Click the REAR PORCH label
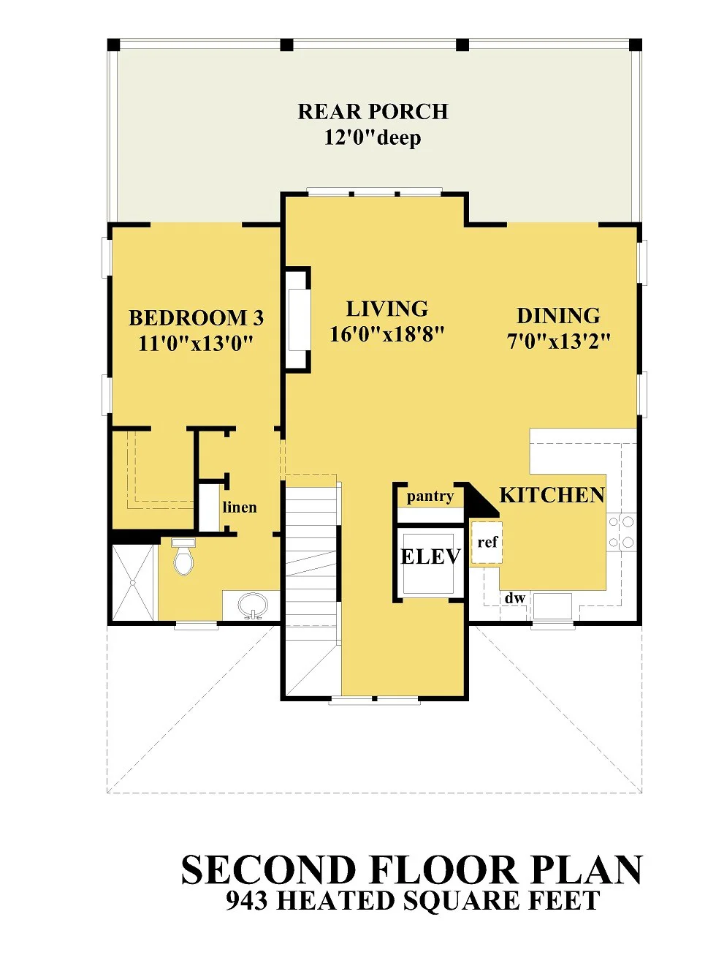click(x=373, y=111)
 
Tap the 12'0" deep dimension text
click(x=373, y=138)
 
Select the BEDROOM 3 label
click(x=196, y=318)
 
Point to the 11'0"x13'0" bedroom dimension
click(x=196, y=344)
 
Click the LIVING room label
click(x=387, y=309)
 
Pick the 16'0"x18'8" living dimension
click(x=387, y=335)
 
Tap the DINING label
click(x=558, y=315)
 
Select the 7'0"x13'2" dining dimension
click(x=559, y=341)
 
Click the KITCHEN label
click(x=552, y=495)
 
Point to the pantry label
click(x=430, y=497)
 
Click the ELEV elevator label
click(x=430, y=556)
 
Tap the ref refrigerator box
click(x=487, y=543)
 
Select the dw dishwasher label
click(x=515, y=598)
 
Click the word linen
click(x=240, y=507)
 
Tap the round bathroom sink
click(x=253, y=606)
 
